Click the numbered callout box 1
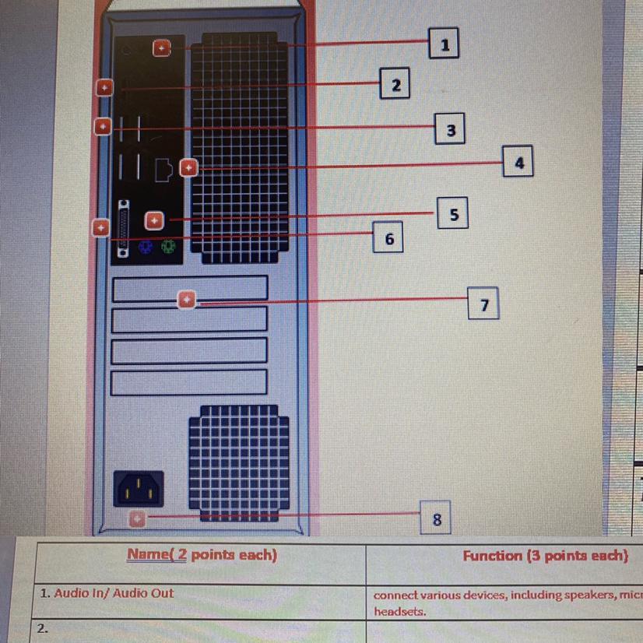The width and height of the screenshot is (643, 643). (444, 44)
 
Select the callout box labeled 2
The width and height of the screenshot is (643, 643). (395, 83)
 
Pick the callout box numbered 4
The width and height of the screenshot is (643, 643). (518, 161)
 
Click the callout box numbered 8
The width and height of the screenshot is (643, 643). (437, 518)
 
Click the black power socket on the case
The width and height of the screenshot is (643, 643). (140, 488)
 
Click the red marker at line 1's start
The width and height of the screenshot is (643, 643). (160, 48)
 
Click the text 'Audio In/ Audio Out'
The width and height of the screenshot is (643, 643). (107, 593)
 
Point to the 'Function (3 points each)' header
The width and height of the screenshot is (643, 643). (545, 556)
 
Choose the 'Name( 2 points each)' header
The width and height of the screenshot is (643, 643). (202, 556)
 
